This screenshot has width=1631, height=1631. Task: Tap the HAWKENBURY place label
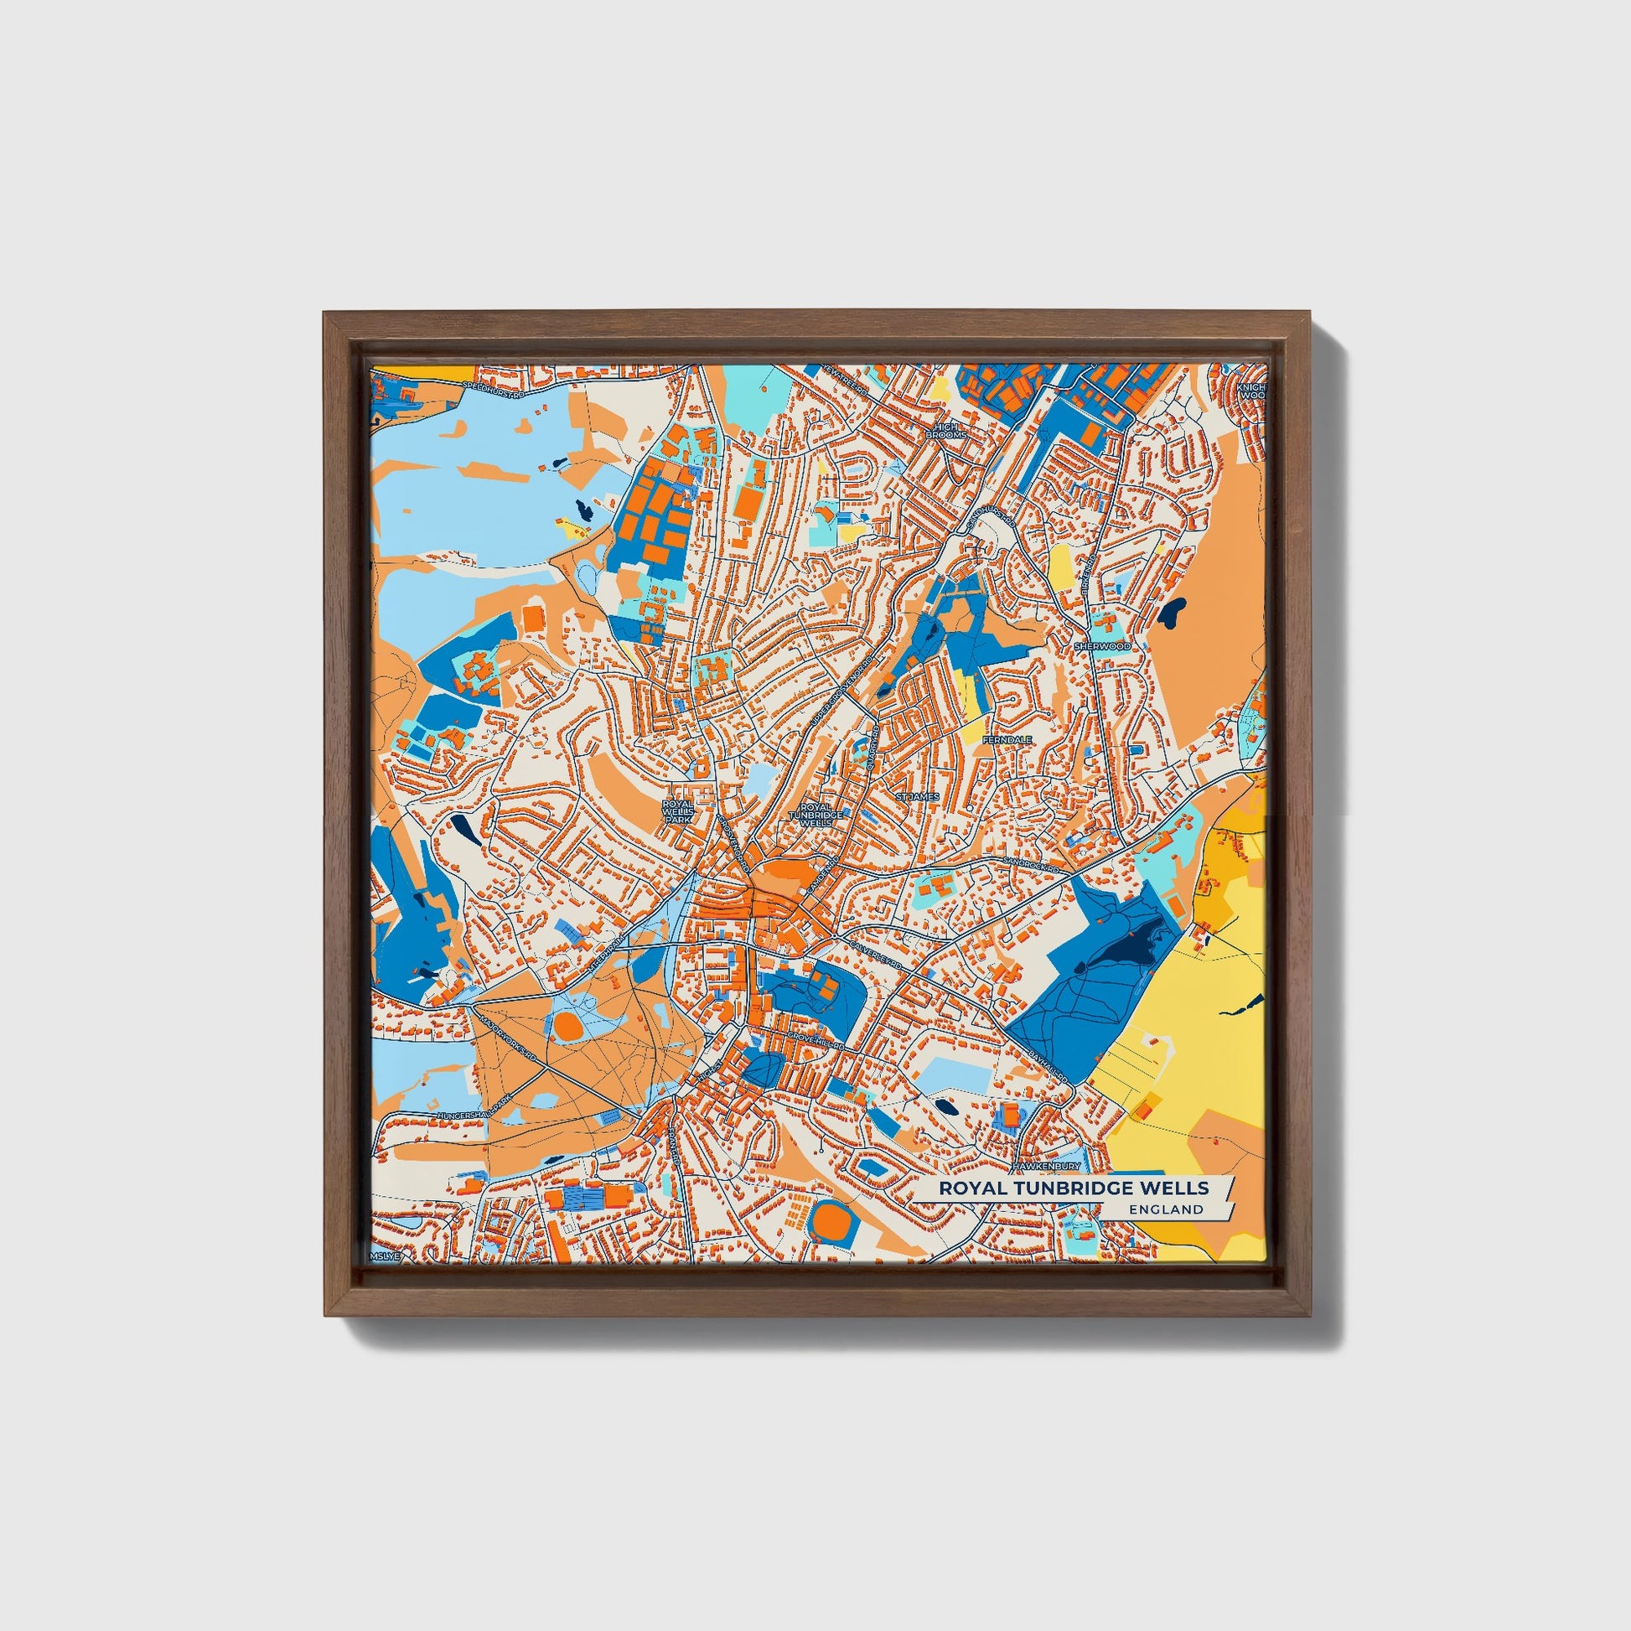1048,1166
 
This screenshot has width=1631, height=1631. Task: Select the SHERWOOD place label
1100,646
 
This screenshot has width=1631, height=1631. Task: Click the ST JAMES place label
918,796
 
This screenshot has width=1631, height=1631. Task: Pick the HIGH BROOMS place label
945,432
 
